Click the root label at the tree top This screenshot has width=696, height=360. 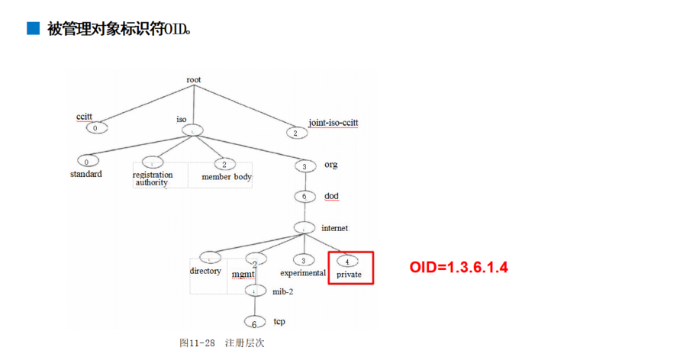coord(194,79)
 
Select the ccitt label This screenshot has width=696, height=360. coord(85,116)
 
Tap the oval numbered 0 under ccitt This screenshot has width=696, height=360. coord(95,127)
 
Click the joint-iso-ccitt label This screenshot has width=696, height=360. coord(333,122)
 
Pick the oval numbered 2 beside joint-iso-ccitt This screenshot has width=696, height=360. coord(295,133)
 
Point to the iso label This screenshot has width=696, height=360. coord(181,119)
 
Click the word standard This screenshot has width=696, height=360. coord(85,174)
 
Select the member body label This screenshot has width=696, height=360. coord(227,177)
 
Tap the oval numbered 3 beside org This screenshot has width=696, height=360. coord(304,166)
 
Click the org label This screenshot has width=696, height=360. coord(330,164)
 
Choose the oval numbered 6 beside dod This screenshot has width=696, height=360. coord(304,196)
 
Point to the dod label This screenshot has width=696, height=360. coord(331,196)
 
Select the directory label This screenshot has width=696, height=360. coord(205,271)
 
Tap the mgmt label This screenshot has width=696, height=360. coord(243,273)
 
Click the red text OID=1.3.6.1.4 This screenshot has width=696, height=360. coord(459,267)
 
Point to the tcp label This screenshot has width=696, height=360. coord(279,321)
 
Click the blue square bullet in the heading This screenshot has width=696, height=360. coord(32,29)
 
